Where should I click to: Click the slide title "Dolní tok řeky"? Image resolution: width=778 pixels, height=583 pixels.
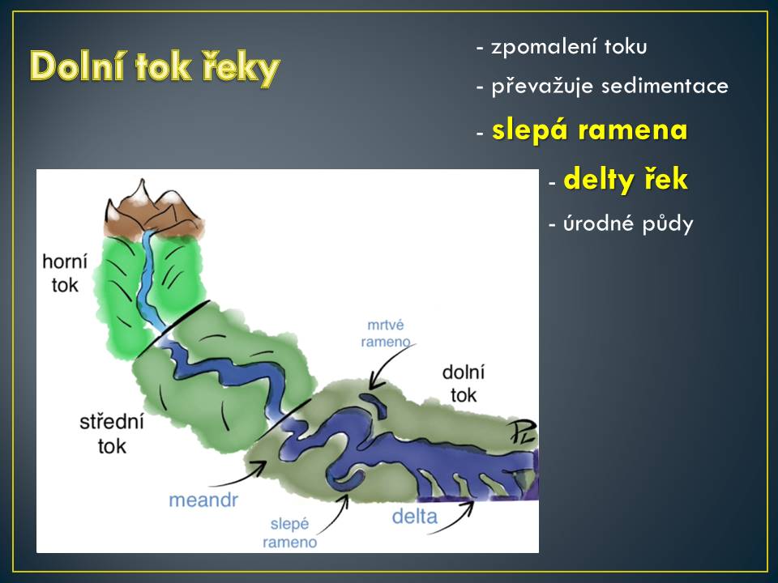(x=155, y=67)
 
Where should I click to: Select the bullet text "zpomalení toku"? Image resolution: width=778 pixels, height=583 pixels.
(x=569, y=47)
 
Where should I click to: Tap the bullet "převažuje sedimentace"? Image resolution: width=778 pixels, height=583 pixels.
(x=609, y=87)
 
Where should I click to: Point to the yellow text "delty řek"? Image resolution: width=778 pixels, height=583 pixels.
(x=626, y=179)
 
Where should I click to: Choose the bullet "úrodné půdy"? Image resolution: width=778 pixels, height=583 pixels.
(x=628, y=224)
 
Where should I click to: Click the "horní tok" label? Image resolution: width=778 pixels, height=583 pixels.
(x=65, y=273)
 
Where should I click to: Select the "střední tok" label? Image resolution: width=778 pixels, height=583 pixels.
(x=112, y=434)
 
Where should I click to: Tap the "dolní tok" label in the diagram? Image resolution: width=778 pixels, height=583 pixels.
(x=464, y=384)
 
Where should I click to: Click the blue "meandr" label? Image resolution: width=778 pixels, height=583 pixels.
(x=203, y=500)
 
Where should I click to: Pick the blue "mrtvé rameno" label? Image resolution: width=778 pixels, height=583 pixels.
(x=386, y=333)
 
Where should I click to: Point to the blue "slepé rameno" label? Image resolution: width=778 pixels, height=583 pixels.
(x=290, y=533)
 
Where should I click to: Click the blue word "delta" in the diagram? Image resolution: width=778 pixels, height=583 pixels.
(x=414, y=517)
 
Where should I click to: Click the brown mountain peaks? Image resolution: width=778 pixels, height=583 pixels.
(x=153, y=211)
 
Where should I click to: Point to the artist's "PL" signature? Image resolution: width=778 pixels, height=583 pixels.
(x=522, y=432)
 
